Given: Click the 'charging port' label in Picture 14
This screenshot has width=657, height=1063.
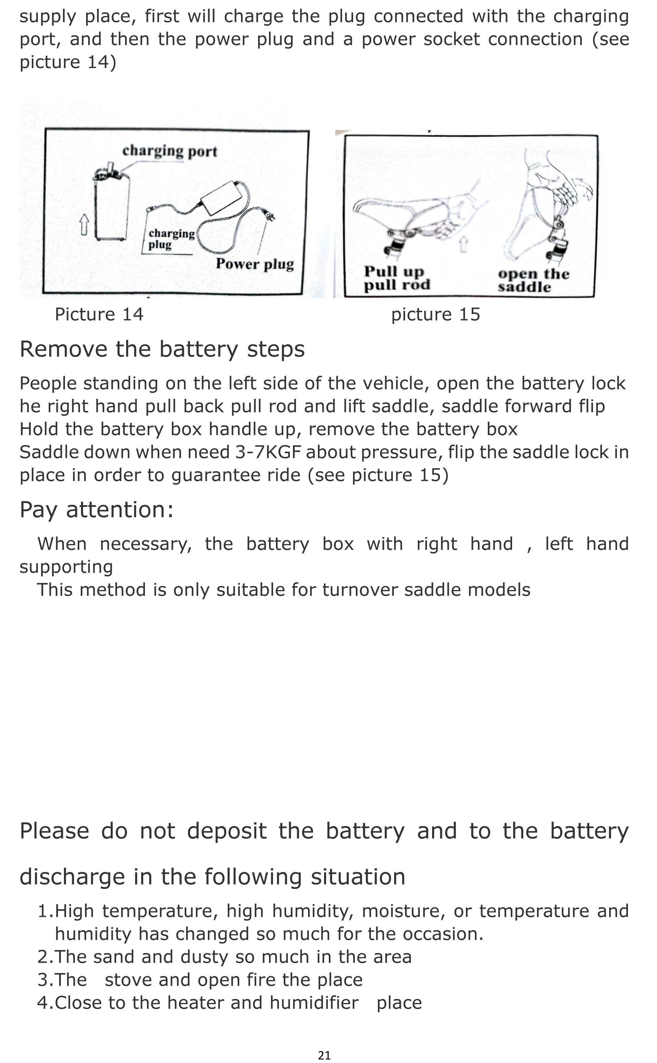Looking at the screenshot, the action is (170, 151).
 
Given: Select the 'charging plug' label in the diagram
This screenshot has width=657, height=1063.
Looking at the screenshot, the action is (171, 239).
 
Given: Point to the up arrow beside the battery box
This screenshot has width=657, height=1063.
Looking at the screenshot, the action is (84, 225).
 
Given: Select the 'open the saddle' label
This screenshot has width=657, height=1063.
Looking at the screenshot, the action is (533, 280).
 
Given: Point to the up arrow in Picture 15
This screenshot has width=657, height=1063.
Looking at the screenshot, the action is (464, 244).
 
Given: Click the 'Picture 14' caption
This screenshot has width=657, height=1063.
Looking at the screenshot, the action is (99, 314).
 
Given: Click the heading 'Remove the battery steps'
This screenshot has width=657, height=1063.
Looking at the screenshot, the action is (162, 349).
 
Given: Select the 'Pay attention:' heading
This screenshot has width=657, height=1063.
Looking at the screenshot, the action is (96, 510).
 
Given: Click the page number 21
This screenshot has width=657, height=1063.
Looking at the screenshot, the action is (324, 1055).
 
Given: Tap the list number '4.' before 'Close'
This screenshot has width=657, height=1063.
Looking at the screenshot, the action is (45, 1002).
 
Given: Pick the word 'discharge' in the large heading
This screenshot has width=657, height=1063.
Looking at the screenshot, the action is (72, 877).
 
